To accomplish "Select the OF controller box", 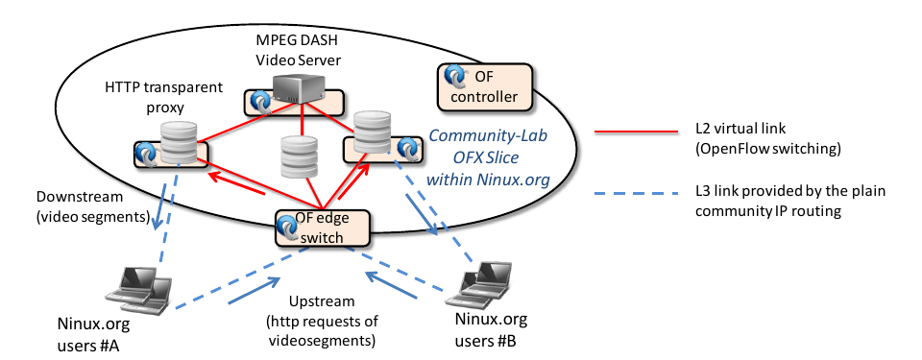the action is pyautogui.click(x=484, y=87).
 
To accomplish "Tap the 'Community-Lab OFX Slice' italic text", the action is pyautogui.click(x=488, y=147).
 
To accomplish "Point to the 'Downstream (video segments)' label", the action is pyautogui.click(x=93, y=206).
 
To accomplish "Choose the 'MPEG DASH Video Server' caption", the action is pyautogui.click(x=299, y=50).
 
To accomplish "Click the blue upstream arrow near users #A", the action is pyautogui.click(x=254, y=291).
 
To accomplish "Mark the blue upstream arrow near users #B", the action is pyautogui.click(x=392, y=283).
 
